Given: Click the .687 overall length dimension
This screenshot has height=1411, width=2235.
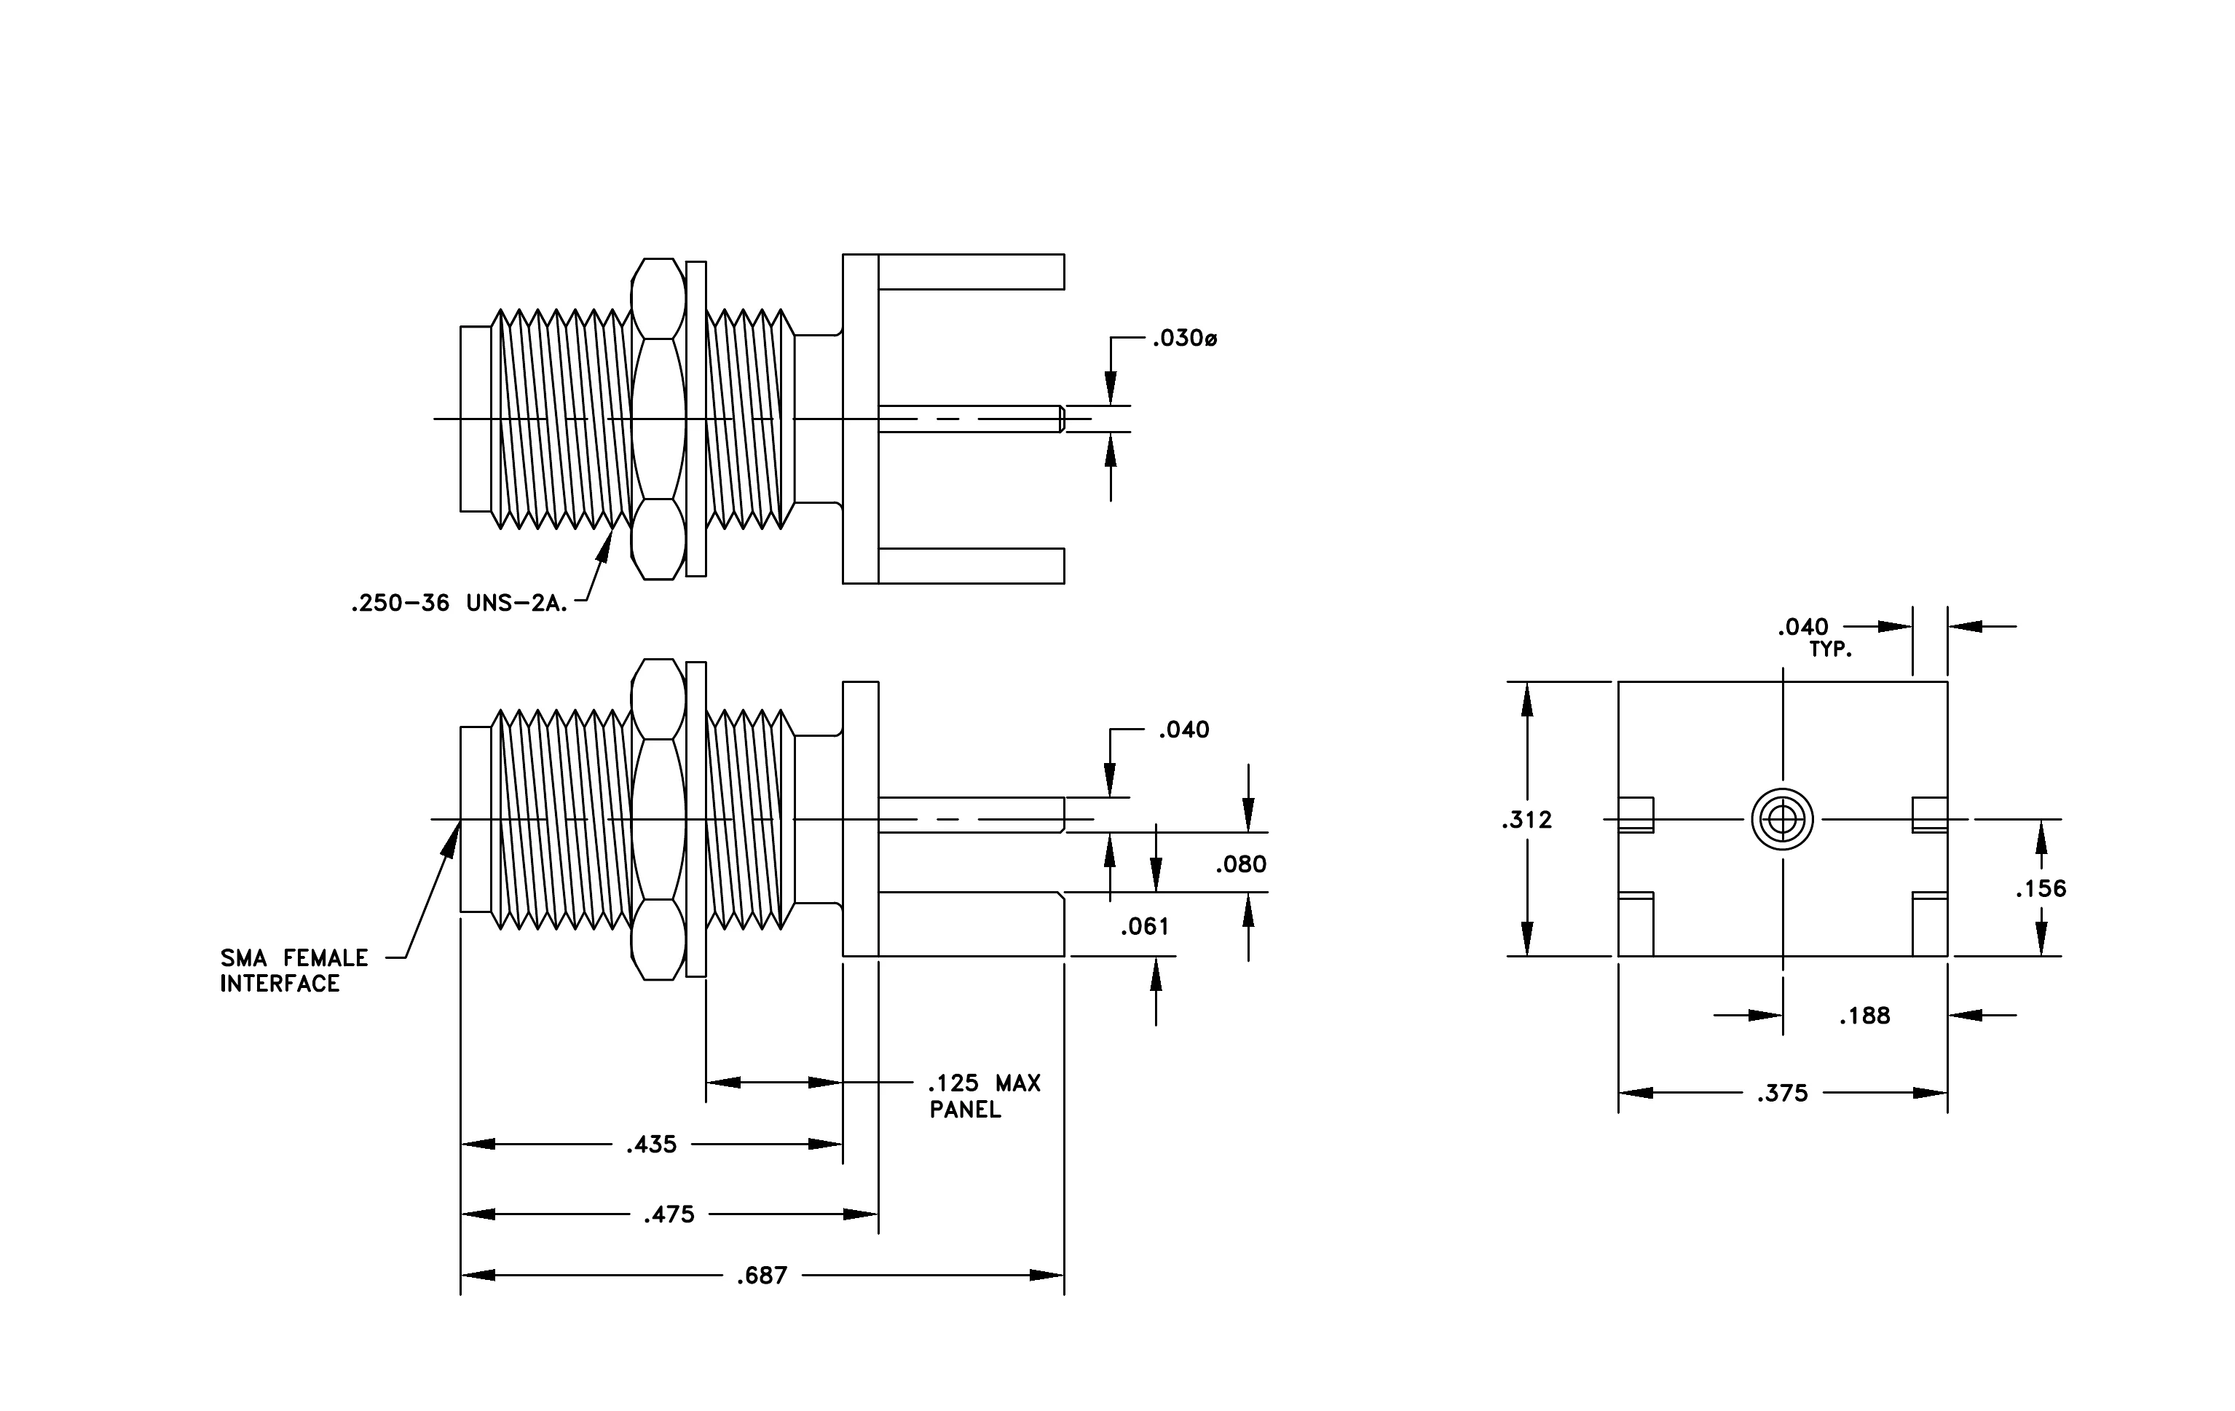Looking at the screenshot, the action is (x=762, y=1276).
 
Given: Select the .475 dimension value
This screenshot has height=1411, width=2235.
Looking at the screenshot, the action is (x=669, y=1215).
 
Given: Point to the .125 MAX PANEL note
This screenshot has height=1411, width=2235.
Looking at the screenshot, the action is (x=985, y=1096).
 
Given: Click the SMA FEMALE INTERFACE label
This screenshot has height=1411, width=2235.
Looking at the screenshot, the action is (x=294, y=971).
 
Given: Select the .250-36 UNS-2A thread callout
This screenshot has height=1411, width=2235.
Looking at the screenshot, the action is (x=460, y=604).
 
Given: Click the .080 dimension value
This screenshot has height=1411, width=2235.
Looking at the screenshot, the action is (x=1241, y=865).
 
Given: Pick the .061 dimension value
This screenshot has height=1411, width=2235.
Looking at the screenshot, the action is (x=1144, y=927).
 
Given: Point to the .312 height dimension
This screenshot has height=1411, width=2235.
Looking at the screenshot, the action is (x=1527, y=820).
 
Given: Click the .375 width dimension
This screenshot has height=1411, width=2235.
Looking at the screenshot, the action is (x=1782, y=1094).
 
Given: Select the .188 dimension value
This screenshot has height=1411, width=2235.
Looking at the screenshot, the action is (x=1864, y=1016).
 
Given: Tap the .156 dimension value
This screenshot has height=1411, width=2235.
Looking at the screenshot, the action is (x=2041, y=890).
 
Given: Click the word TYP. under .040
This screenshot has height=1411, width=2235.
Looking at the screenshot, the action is (x=1830, y=651).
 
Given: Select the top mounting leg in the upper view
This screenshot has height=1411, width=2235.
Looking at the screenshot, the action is (x=971, y=272).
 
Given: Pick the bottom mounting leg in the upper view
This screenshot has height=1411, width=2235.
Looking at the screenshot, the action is (x=971, y=566).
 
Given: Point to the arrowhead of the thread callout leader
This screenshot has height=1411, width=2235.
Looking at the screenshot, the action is (x=606, y=545).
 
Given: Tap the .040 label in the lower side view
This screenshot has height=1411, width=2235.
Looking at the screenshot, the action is (x=1183, y=731).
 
